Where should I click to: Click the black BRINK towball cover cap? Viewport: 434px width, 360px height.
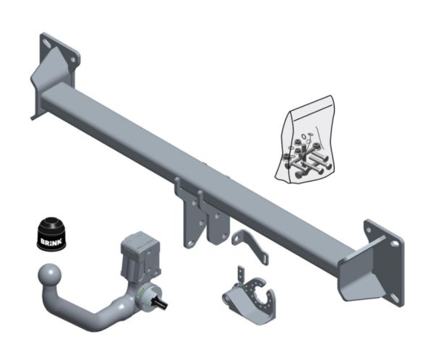point(51,234)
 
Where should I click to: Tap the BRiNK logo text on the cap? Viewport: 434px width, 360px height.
point(52,241)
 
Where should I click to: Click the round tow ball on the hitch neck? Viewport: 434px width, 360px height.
point(49,275)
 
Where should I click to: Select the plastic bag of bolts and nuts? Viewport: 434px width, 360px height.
point(305,140)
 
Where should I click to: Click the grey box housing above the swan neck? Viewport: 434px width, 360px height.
point(140,256)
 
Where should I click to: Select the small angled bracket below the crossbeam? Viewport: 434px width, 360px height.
point(250,247)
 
